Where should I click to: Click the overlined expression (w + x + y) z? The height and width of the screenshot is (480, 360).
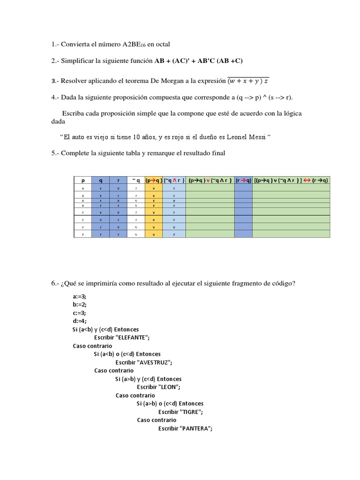[248, 81]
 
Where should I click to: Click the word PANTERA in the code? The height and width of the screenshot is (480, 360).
[195, 428]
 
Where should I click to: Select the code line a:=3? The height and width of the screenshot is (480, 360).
[80, 297]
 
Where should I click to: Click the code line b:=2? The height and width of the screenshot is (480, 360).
[80, 305]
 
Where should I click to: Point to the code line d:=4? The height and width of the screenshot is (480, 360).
[80, 321]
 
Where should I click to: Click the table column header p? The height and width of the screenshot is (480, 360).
[83, 180]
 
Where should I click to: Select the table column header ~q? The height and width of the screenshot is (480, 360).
[136, 180]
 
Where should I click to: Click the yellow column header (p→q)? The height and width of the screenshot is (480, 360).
[154, 180]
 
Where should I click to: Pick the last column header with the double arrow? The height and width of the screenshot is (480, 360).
[291, 180]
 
